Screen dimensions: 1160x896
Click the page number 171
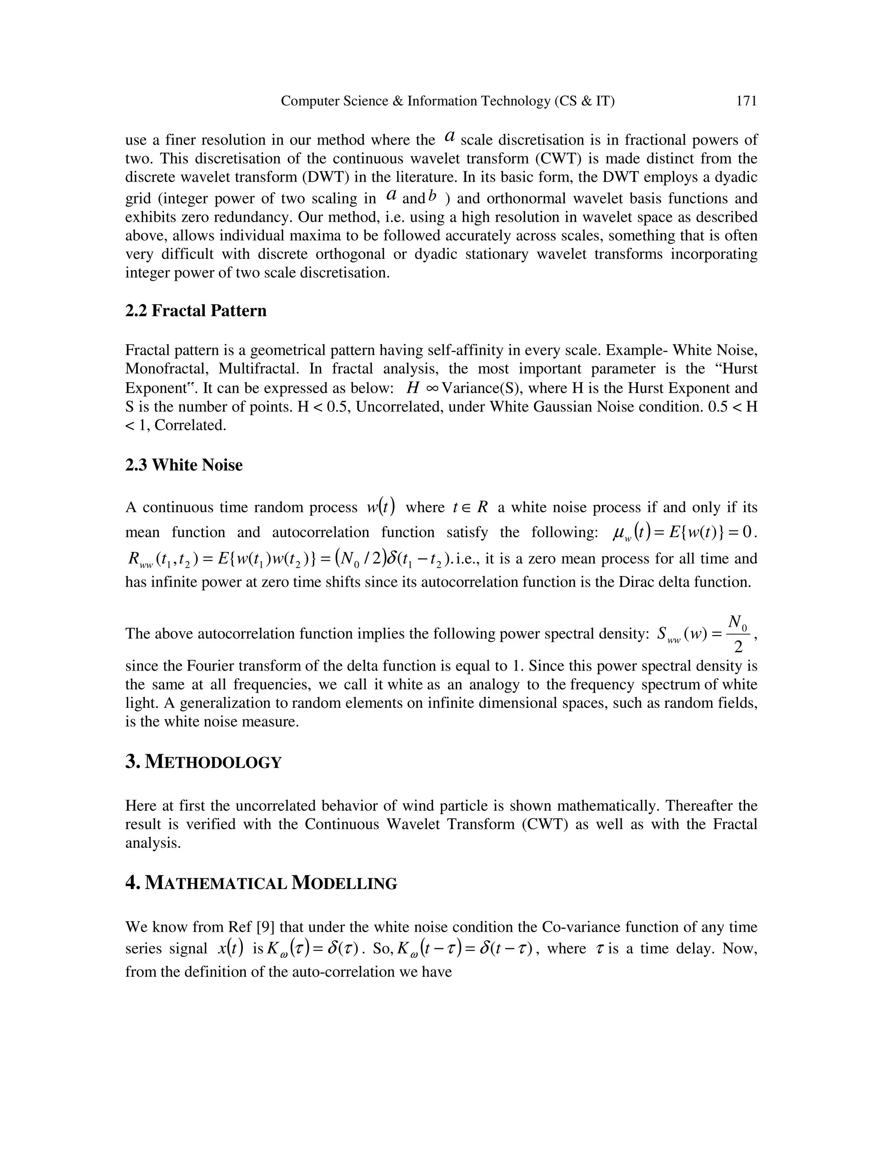746,101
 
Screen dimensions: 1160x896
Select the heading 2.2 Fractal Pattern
196,311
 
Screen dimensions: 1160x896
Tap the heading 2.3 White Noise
184,465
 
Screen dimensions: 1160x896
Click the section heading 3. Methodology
203,762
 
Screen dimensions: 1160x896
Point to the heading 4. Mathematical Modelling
261,883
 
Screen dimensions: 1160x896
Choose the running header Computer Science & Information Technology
447,101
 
